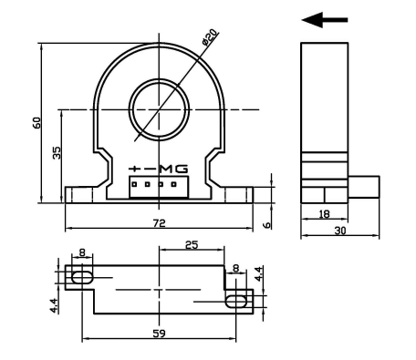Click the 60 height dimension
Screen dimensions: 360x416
click(37, 122)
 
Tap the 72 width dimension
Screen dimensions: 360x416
click(158, 222)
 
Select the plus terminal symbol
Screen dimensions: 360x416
click(135, 169)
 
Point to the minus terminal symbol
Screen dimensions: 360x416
click(150, 169)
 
